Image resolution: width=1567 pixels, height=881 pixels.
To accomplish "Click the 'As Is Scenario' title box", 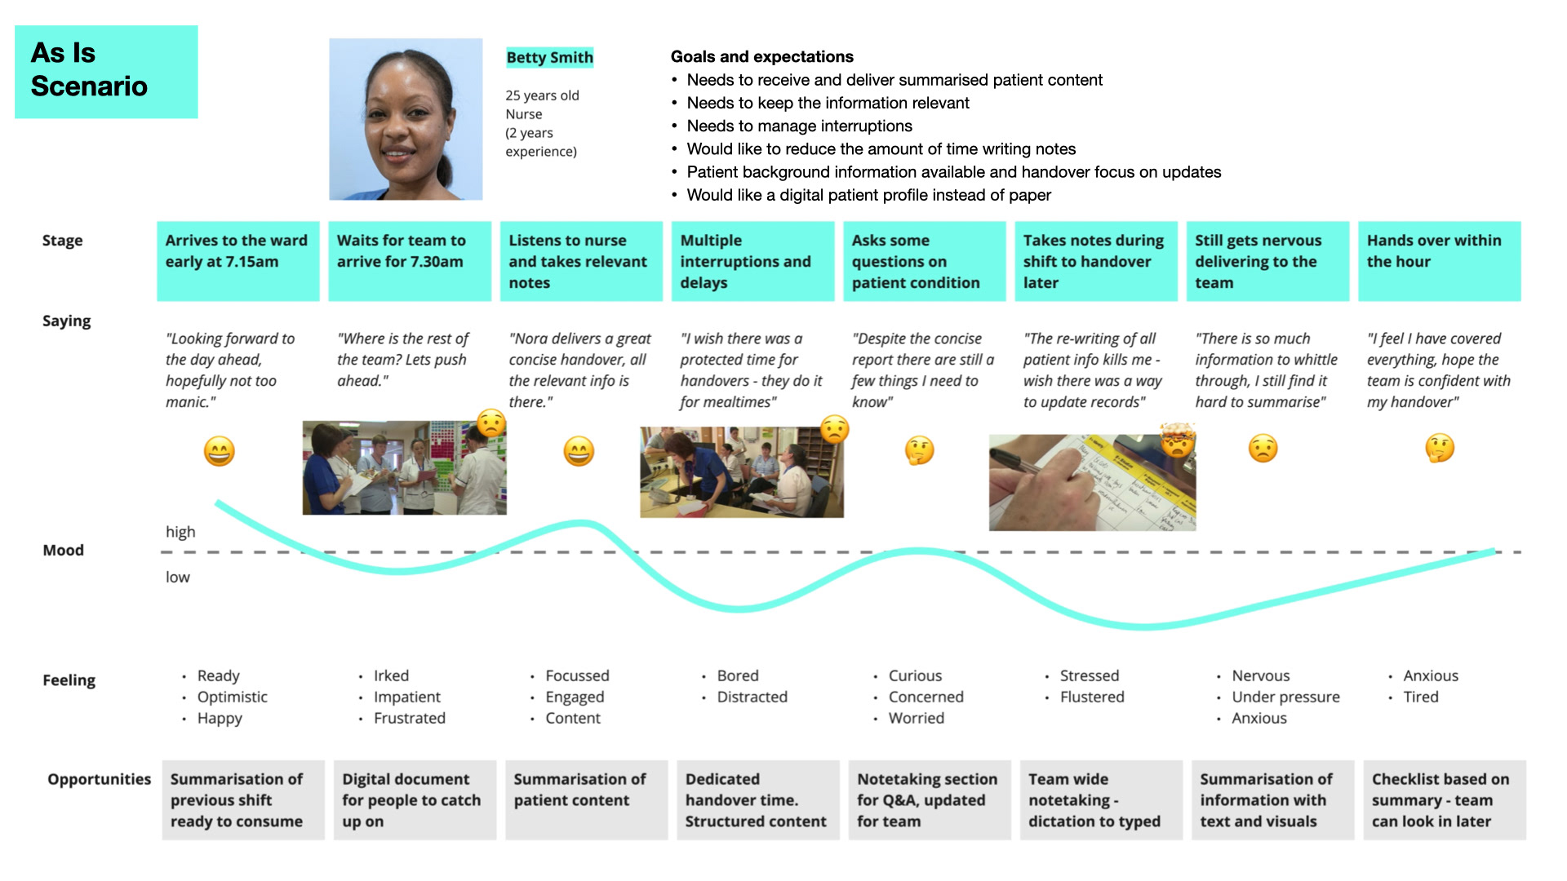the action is click(x=106, y=72).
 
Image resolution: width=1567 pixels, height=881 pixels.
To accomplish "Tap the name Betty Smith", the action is click(x=549, y=57).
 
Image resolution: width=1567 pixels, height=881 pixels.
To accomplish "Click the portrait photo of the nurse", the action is click(x=406, y=119).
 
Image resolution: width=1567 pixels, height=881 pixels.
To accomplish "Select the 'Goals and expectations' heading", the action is click(x=761, y=56).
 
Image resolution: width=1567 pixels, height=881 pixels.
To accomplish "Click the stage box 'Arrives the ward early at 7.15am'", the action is click(x=237, y=261).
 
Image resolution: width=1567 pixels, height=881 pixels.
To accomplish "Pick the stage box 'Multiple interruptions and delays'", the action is click(x=752, y=261).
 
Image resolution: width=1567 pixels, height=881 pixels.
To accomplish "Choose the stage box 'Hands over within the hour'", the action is click(x=1439, y=261).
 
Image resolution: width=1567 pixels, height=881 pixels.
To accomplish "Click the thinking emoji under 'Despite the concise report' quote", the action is click(x=920, y=450).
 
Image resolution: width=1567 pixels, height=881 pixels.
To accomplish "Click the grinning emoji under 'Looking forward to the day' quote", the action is click(x=219, y=451).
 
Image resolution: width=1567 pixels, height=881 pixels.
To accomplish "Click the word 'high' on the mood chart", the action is click(x=180, y=532).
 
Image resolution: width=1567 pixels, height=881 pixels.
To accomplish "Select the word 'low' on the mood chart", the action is click(x=177, y=577).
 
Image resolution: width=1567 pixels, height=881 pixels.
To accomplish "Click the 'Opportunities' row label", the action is click(x=99, y=779).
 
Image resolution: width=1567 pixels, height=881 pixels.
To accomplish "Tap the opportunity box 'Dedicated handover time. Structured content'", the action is click(x=757, y=800).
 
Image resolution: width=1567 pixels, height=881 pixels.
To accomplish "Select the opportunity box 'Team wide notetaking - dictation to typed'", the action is click(x=1101, y=800).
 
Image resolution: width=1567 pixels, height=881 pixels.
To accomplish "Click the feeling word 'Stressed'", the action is click(x=1089, y=675).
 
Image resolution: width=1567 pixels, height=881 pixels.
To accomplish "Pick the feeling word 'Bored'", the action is click(x=738, y=675).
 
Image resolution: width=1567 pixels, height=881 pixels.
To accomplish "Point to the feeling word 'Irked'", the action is click(x=391, y=675).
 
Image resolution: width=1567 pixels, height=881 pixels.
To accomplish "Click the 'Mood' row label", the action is click(x=63, y=550).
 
